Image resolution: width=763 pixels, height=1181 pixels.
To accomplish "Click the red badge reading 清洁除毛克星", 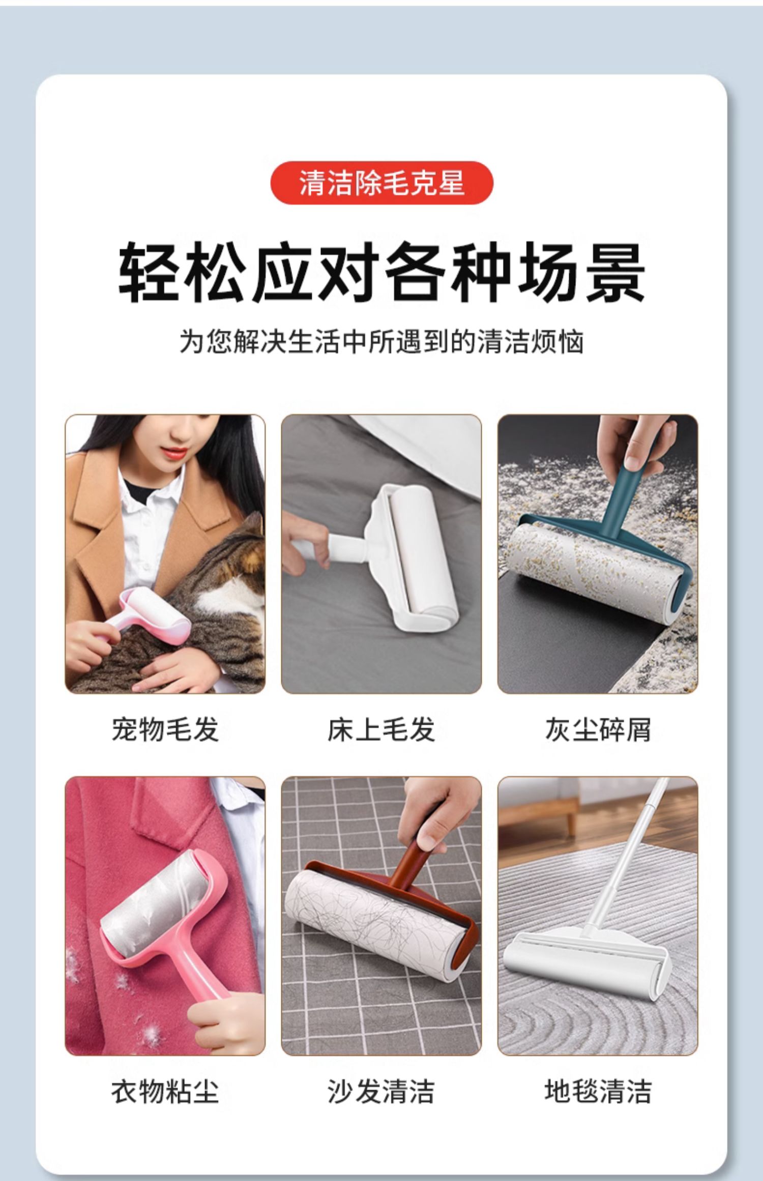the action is pos(382,183).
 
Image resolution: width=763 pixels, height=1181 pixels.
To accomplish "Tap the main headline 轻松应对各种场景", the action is pos(382,273).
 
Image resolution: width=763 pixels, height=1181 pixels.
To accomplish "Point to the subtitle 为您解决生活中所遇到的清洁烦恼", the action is pos(382,341).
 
